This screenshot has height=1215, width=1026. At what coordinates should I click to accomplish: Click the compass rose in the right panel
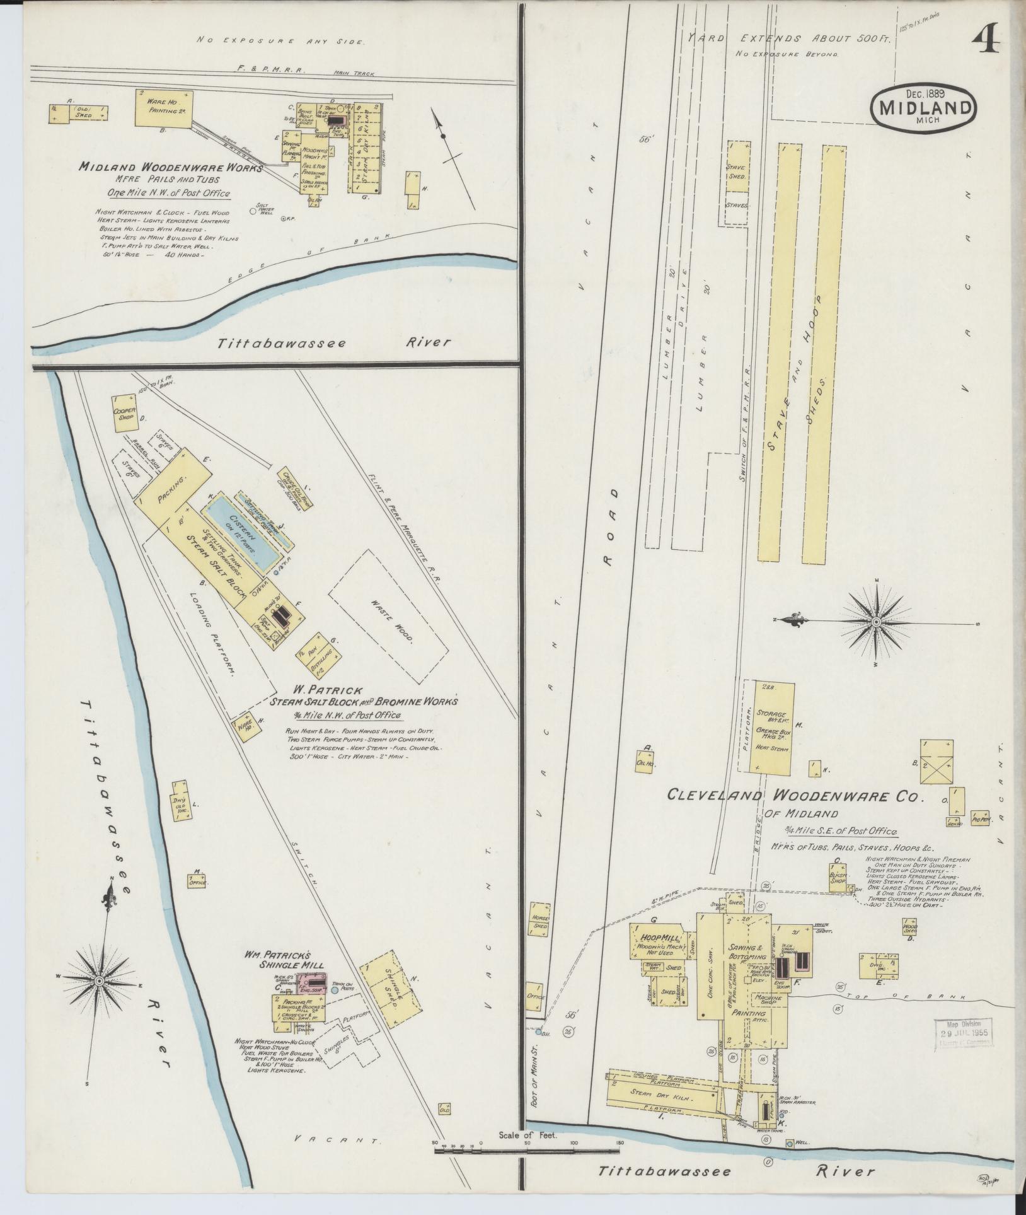pos(876,623)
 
